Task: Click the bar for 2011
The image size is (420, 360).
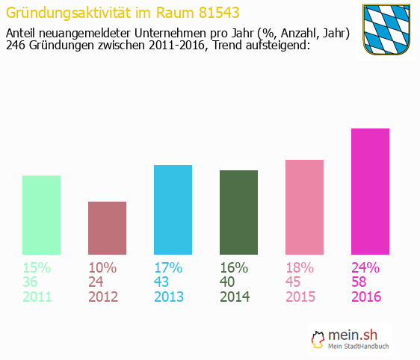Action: pyautogui.click(x=41, y=215)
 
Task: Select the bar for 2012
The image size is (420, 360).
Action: pyautogui.click(x=107, y=228)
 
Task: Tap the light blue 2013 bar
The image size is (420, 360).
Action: pyautogui.click(x=173, y=210)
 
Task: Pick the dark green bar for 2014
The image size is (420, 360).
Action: pyautogui.click(x=238, y=212)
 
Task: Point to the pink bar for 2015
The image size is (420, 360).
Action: pyautogui.click(x=304, y=207)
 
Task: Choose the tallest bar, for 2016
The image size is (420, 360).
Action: pyautogui.click(x=370, y=191)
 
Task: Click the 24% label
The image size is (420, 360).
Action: pyautogui.click(x=366, y=267)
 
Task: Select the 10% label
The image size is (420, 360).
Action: pyautogui.click(x=102, y=267)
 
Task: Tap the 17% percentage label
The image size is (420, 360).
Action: pyautogui.click(x=169, y=267)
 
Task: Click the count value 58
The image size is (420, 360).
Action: pyautogui.click(x=359, y=282)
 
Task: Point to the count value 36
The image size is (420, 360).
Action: pyautogui.click(x=31, y=282)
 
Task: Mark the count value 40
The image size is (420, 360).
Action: pyautogui.click(x=228, y=282)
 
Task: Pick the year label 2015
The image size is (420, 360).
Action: pyautogui.click(x=300, y=297)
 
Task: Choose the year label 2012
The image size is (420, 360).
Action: pyautogui.click(x=103, y=297)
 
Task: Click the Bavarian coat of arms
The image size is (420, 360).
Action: pyautogui.click(x=386, y=29)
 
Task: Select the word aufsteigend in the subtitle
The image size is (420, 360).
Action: pyautogui.click(x=272, y=46)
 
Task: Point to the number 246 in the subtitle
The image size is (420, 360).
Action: pyautogui.click(x=16, y=46)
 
